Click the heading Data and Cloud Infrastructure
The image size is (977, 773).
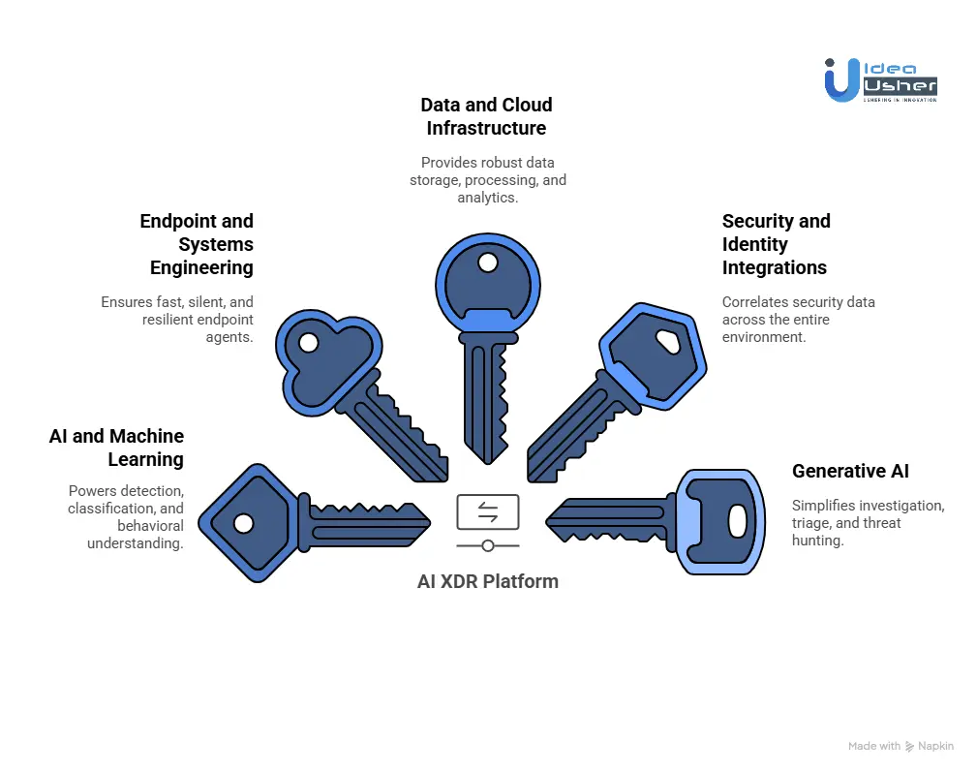click(486, 116)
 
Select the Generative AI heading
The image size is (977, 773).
click(850, 471)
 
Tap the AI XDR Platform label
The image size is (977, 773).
click(487, 581)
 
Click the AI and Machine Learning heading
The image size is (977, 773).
click(116, 448)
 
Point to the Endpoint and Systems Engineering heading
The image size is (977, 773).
click(197, 244)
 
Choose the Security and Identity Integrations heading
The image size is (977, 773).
click(775, 244)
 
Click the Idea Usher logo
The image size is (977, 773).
click(879, 77)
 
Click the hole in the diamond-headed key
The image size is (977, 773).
click(244, 523)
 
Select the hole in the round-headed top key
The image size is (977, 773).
click(487, 263)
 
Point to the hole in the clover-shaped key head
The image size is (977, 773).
click(309, 342)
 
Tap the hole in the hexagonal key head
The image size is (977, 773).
click(667, 340)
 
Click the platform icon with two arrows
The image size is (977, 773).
click(487, 511)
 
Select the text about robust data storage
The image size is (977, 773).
click(486, 180)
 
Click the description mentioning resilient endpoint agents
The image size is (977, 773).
click(177, 320)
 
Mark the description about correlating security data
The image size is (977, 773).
click(798, 320)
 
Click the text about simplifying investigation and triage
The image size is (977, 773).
click(867, 523)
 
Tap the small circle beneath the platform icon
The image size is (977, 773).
click(487, 545)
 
